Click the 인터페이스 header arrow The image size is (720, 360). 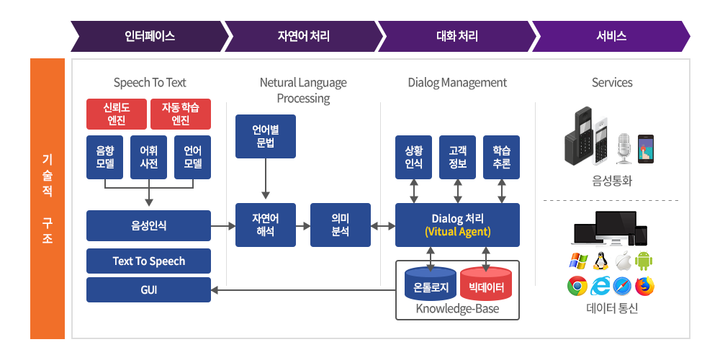tap(149, 36)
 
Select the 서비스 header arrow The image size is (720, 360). tap(611, 36)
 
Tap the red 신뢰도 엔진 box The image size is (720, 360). tap(117, 114)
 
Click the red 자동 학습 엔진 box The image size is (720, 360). tap(181, 114)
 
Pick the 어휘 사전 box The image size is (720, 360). tap(149, 157)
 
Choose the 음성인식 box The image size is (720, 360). tap(149, 225)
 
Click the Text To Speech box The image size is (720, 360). tap(149, 261)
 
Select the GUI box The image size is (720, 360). tap(149, 289)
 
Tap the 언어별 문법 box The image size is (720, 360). tap(266, 136)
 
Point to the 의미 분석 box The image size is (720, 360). tap(341, 225)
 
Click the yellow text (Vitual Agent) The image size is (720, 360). tap(458, 232)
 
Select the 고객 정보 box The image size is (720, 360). tap(457, 157)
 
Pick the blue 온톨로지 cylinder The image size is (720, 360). tap(431, 283)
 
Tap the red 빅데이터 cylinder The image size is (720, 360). tap(486, 283)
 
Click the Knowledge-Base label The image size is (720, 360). tap(457, 309)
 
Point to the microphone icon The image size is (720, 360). tap(624, 148)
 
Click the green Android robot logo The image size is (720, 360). tap(644, 261)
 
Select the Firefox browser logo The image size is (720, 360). tap(644, 286)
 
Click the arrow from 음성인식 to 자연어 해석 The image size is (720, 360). tap(223, 225)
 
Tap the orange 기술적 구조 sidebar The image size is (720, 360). tap(48, 199)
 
